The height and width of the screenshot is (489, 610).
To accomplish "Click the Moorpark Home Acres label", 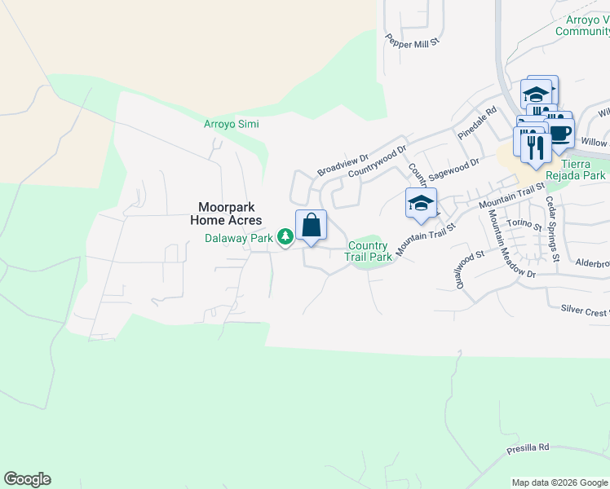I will click(226, 214).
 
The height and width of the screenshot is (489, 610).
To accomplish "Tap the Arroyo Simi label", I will click(231, 124).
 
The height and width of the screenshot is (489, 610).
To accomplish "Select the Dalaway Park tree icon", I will click(285, 237).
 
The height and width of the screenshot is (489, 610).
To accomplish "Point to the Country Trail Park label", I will click(368, 251).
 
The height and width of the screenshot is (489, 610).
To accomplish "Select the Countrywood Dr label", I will click(377, 163).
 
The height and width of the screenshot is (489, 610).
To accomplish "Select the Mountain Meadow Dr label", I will click(511, 244).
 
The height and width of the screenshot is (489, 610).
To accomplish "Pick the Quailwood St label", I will click(458, 270).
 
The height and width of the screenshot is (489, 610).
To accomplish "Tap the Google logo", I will click(27, 479).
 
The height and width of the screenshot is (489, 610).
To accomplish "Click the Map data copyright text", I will click(559, 482).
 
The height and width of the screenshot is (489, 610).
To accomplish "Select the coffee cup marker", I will click(560, 134).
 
